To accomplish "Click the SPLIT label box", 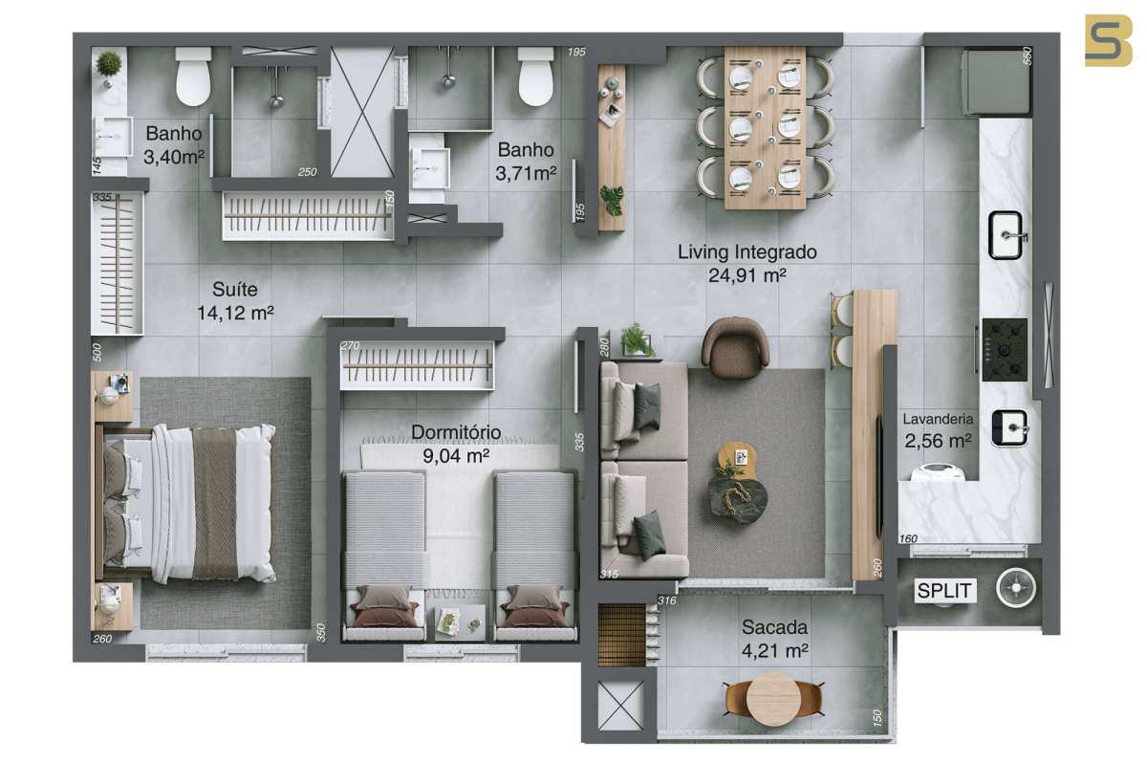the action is click(x=945, y=591).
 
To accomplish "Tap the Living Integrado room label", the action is click(x=747, y=264).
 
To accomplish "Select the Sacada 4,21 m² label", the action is click(x=775, y=639).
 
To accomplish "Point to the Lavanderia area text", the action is click(x=938, y=430).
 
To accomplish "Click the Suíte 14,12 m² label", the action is click(x=235, y=300).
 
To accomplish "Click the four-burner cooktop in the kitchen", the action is click(x=1005, y=350).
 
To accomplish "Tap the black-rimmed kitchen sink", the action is click(x=1006, y=235).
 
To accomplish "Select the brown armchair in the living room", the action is click(x=735, y=348).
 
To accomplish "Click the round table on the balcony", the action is click(x=770, y=700).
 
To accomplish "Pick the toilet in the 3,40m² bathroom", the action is click(x=193, y=76).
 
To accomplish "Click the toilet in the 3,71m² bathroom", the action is click(x=535, y=76).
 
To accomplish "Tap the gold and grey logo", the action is click(x=1109, y=40).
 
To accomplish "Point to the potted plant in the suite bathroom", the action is click(x=109, y=67).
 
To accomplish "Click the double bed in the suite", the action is click(x=187, y=503).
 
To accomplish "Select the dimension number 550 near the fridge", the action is click(x=1028, y=55).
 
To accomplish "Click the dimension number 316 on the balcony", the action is click(x=667, y=600).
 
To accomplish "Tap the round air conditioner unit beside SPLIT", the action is click(x=1016, y=588).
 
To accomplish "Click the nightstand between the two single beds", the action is click(x=460, y=622).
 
